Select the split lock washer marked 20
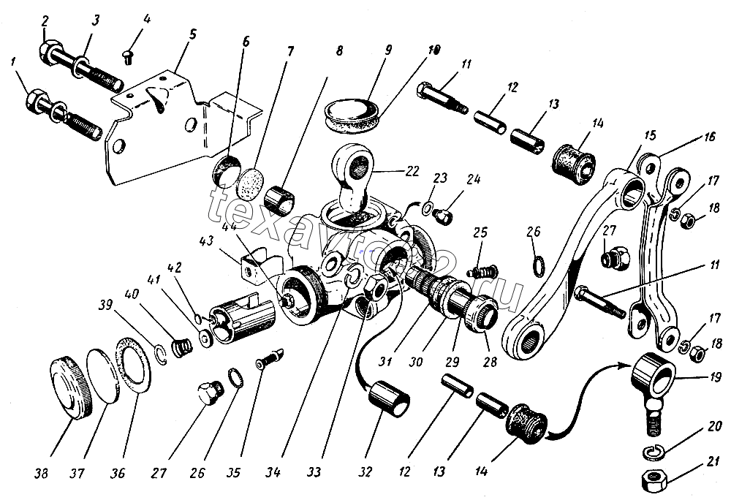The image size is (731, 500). [x=654, y=451]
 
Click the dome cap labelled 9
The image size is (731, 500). [x=352, y=110]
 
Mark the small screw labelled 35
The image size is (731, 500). [x=268, y=360]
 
